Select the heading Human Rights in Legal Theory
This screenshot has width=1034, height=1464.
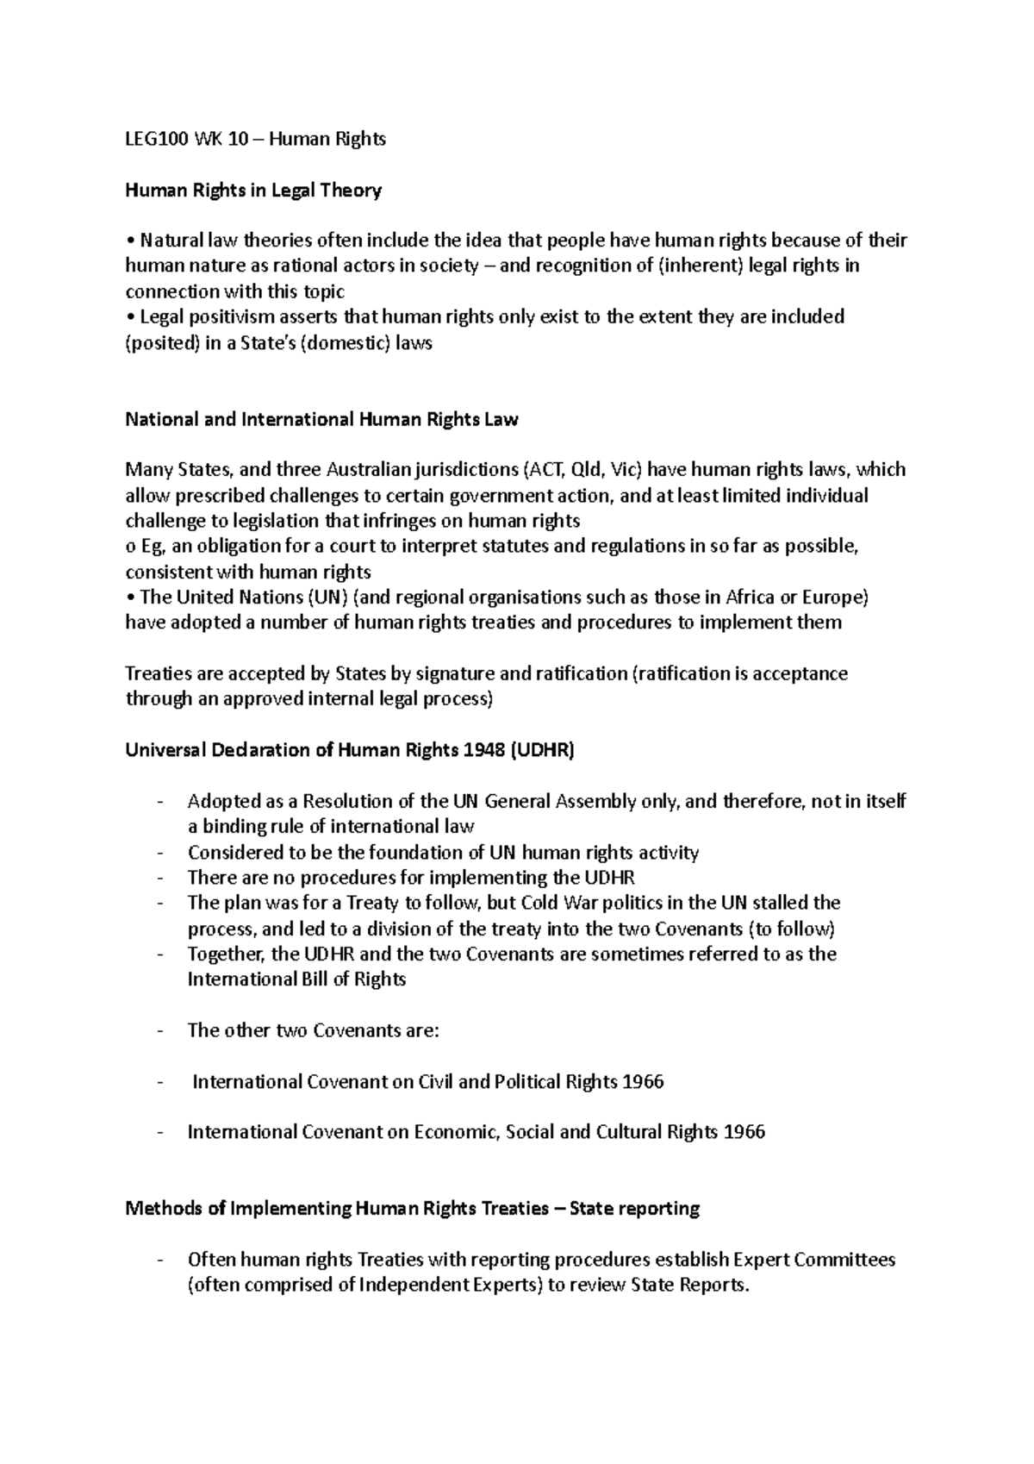click(x=253, y=191)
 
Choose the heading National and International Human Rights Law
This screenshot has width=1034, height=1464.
click(x=321, y=420)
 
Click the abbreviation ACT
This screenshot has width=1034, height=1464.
click(x=546, y=470)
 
